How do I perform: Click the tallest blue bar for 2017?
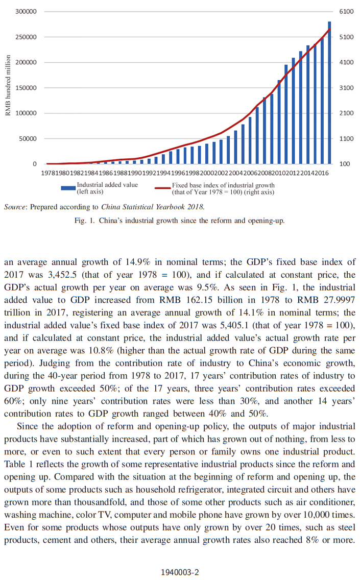pyautogui.click(x=329, y=92)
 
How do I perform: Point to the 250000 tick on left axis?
pyautogui.click(x=26, y=37)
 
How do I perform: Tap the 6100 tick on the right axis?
pyautogui.click(x=346, y=11)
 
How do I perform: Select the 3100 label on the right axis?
pyautogui.click(x=346, y=88)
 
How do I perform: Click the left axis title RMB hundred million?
pyautogui.click(x=8, y=85)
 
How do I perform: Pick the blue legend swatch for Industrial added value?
pyautogui.click(x=68, y=188)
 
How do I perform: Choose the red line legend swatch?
pyautogui.click(x=162, y=188)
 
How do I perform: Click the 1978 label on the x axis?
pyautogui.click(x=48, y=173)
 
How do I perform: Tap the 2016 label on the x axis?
pyautogui.click(x=322, y=173)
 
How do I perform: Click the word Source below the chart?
pyautogui.click(x=15, y=207)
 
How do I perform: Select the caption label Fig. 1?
pyautogui.click(x=84, y=221)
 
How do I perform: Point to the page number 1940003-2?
pyautogui.click(x=180, y=572)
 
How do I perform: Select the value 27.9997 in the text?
pyautogui.click(x=339, y=300)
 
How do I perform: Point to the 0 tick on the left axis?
pyautogui.click(x=35, y=164)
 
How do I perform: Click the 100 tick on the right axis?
pyautogui.click(x=345, y=164)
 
